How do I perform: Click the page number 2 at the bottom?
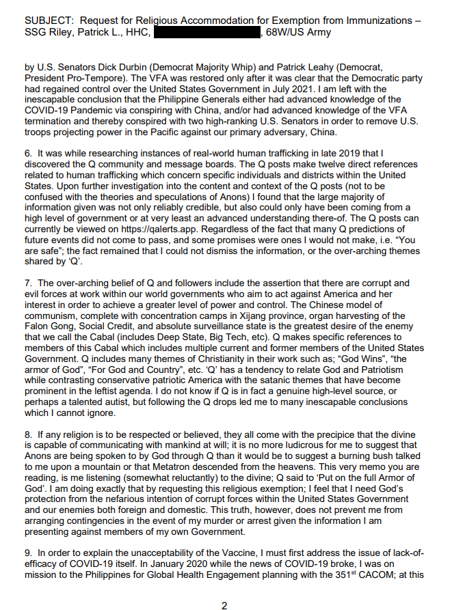tap(224, 604)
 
